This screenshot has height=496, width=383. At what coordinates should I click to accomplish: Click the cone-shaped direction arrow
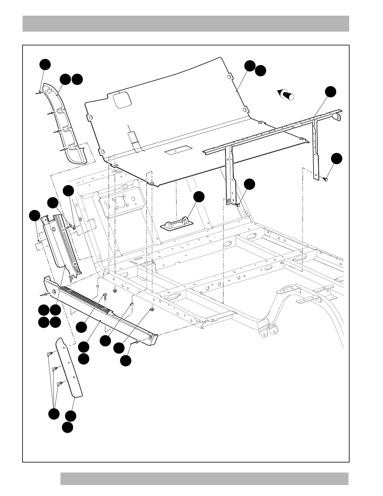tap(286, 94)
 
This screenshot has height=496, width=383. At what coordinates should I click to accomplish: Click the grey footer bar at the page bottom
tap(204, 479)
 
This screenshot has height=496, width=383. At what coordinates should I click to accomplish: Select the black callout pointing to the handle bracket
tap(199, 197)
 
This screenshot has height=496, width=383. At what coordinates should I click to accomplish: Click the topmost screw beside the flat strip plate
tap(49, 354)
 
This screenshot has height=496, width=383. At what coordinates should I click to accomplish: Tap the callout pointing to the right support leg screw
tap(337, 158)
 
